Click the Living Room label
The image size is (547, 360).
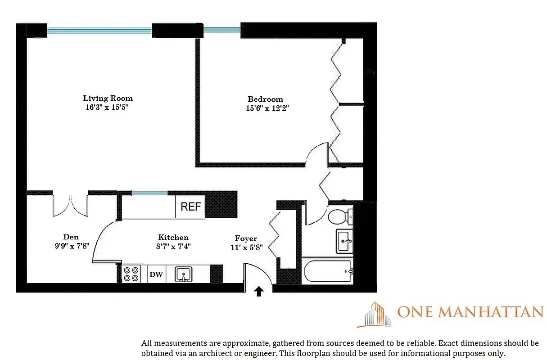[x=108, y=98]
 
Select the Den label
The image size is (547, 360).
[x=71, y=237]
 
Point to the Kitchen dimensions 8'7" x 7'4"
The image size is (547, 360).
[x=173, y=246]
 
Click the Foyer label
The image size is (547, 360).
[x=246, y=238]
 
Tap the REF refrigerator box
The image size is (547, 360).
[x=190, y=207]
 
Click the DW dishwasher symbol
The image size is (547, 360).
[x=156, y=274]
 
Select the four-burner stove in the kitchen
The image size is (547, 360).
[x=131, y=274]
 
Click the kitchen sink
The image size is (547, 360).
[x=184, y=274]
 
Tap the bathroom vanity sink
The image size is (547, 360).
[x=344, y=241]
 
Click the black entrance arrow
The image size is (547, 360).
[x=259, y=292]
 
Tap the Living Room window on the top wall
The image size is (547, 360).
[x=99, y=31]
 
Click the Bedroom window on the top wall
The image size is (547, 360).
[x=222, y=31]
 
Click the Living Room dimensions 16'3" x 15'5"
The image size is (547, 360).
[x=108, y=108]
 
